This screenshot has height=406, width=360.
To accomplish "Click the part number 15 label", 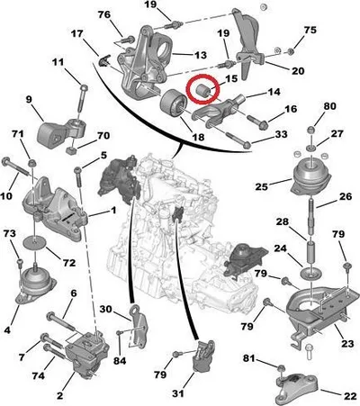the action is click(x=231, y=78).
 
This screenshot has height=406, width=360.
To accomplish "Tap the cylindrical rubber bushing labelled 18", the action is click(x=173, y=104).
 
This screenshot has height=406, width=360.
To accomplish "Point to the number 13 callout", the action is click(x=201, y=55).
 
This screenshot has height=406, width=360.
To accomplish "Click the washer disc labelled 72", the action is click(x=34, y=242).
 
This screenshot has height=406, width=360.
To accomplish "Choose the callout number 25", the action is click(x=262, y=186).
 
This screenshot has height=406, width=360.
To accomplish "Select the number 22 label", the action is click(x=350, y=396).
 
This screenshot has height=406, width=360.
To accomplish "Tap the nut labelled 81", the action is click(x=281, y=368).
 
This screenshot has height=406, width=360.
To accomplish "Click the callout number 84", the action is click(x=120, y=361).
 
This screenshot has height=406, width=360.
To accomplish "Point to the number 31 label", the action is click(x=178, y=393).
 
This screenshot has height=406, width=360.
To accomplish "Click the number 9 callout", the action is click(x=29, y=99).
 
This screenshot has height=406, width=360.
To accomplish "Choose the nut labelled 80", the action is click(x=311, y=130).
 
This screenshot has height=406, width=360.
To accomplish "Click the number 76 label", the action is click(x=104, y=14).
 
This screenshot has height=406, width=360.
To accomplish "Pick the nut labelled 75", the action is click(x=291, y=51).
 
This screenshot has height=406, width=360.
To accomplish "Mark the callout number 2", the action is click(x=60, y=395).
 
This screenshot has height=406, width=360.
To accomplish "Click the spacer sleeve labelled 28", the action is click(x=311, y=254).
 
